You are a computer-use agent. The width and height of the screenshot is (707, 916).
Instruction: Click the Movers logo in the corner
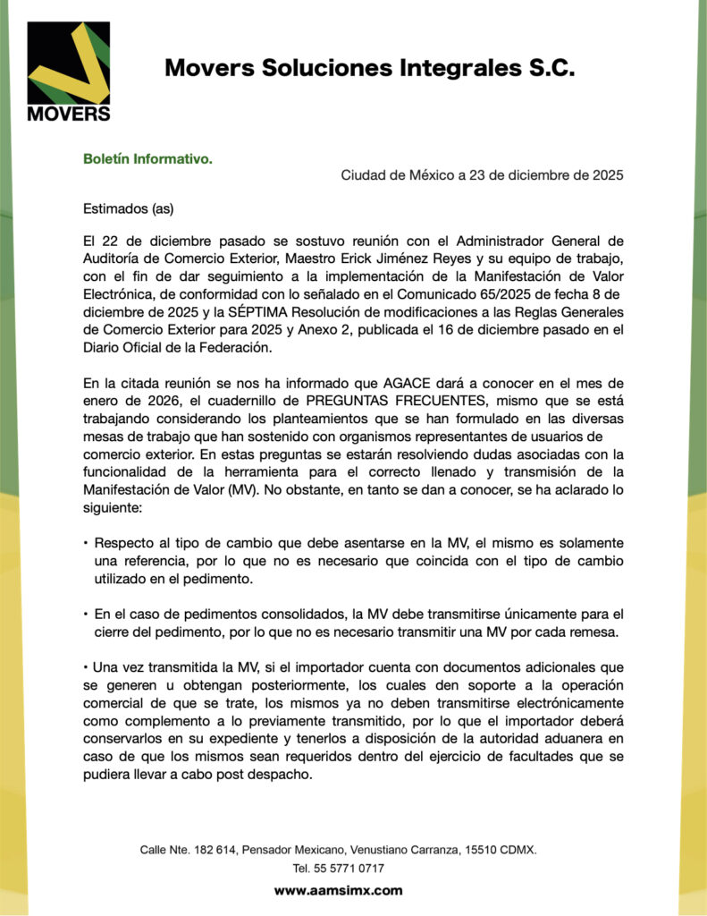point(69,71)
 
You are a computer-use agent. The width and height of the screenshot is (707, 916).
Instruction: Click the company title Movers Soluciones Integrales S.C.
point(369,68)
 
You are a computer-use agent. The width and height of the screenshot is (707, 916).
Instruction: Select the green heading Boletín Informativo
point(147,158)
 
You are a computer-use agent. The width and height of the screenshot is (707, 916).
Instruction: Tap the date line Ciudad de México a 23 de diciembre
point(482,175)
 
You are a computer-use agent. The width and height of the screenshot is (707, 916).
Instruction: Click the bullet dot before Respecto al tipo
point(86,544)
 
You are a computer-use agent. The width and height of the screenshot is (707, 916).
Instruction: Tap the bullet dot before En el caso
point(86,615)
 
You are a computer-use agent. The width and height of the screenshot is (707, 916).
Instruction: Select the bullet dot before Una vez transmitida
point(85,668)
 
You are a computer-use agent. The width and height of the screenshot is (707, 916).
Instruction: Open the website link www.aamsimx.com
point(338,891)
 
